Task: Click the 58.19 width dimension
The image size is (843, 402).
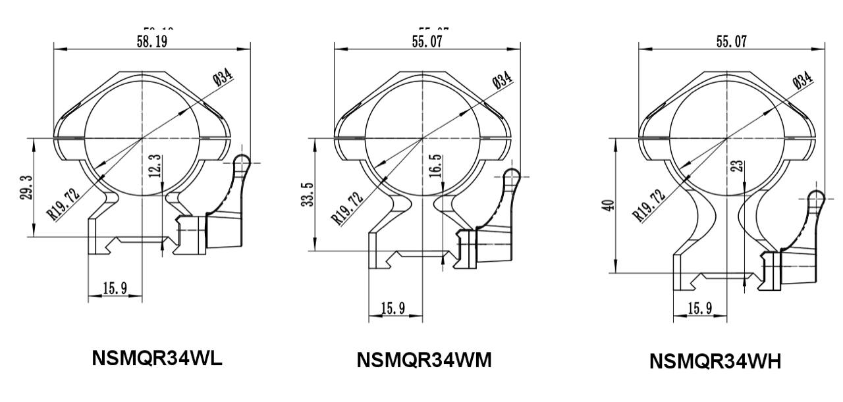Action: (x=152, y=41)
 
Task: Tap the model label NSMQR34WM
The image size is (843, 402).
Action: (x=424, y=361)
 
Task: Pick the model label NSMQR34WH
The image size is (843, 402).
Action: (x=715, y=362)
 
